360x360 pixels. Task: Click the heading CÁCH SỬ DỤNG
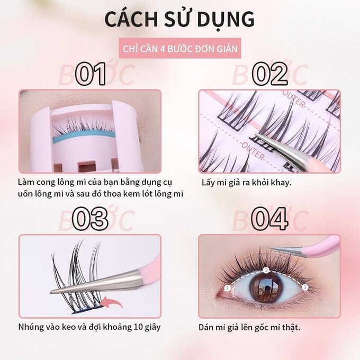(179, 19)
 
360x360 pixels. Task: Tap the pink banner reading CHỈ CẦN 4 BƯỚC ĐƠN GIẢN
(180, 49)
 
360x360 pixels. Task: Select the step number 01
(91, 75)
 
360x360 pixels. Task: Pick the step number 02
(270, 75)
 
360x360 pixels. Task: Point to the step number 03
(90, 219)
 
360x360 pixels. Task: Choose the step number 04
(270, 219)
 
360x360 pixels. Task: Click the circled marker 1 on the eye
(227, 287)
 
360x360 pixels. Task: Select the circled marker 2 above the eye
(266, 270)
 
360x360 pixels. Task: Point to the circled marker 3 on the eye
(305, 287)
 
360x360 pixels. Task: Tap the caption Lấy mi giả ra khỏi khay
(247, 183)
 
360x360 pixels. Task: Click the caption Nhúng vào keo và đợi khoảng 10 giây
(89, 327)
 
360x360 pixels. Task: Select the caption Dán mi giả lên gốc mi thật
(249, 327)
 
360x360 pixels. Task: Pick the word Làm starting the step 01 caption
(26, 182)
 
